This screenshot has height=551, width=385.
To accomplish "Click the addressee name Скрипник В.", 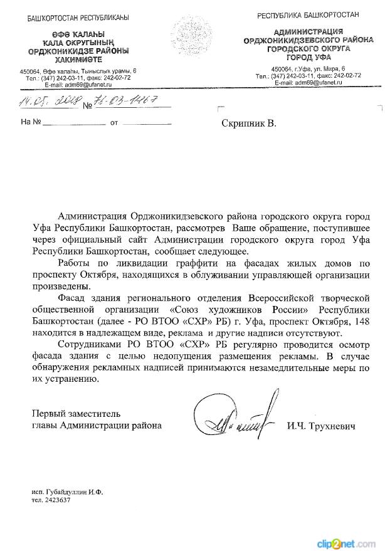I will pos(248,123).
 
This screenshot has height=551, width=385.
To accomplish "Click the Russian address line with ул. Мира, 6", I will pos(309,68).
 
